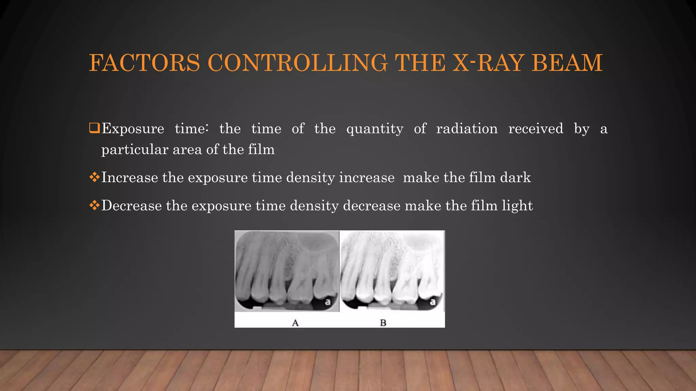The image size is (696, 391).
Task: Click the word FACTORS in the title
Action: pos(144,63)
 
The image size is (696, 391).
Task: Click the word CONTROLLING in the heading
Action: pos(297,63)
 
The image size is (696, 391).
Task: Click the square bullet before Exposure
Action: pos(94,128)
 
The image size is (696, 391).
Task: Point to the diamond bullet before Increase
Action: pos(94,177)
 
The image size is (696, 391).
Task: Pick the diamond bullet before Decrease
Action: pos(94,205)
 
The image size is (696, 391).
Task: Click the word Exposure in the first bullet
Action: pos(133,129)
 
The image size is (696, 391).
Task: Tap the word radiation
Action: pos(467,129)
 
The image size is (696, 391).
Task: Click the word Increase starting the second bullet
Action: pos(129,178)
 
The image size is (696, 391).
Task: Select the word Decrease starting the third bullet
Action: pos(132,206)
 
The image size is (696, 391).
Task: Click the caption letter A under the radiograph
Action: pos(295,323)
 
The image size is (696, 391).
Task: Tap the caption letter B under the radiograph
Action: pos(383,323)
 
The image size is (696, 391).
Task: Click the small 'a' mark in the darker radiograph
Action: pos(328,302)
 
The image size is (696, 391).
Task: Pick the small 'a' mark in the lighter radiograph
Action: pos(433,302)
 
